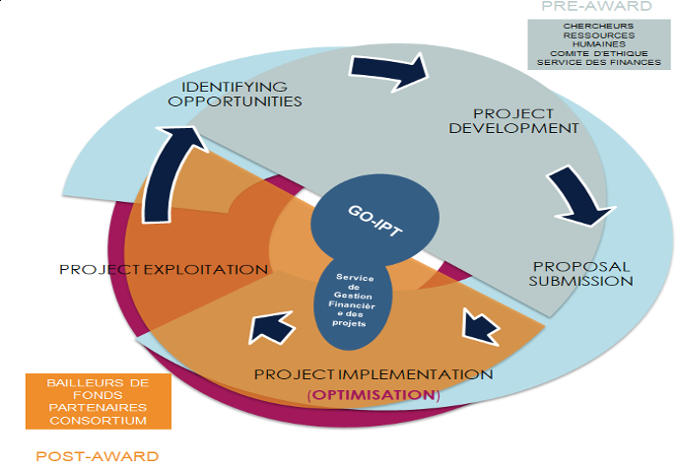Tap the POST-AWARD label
pos(97,455)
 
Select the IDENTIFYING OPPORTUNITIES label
pos(235,94)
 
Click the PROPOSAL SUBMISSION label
pos(581,273)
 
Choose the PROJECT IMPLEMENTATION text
pos(373,374)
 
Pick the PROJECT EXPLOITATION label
pos(164,269)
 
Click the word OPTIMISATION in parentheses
pos(373,394)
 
